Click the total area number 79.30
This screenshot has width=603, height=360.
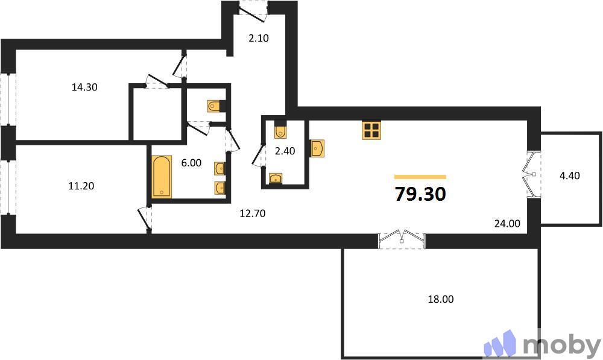(420, 194)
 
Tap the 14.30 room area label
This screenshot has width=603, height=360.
(84, 87)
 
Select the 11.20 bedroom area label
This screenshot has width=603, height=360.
(81, 186)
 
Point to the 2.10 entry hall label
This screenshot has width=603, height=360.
(258, 38)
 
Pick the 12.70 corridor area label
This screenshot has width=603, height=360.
(252, 213)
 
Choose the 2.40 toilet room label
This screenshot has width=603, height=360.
(285, 151)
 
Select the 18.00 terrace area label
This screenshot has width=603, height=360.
(441, 298)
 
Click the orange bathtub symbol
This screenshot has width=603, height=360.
(162, 176)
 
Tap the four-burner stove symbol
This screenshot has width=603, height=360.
(371, 130)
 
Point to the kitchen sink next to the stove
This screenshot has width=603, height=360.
(318, 148)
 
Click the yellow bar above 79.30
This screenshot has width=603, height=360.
(420, 177)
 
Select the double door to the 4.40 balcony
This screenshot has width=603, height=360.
(533, 175)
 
